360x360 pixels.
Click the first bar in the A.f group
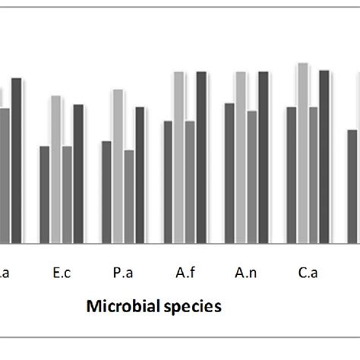point(168,182)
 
